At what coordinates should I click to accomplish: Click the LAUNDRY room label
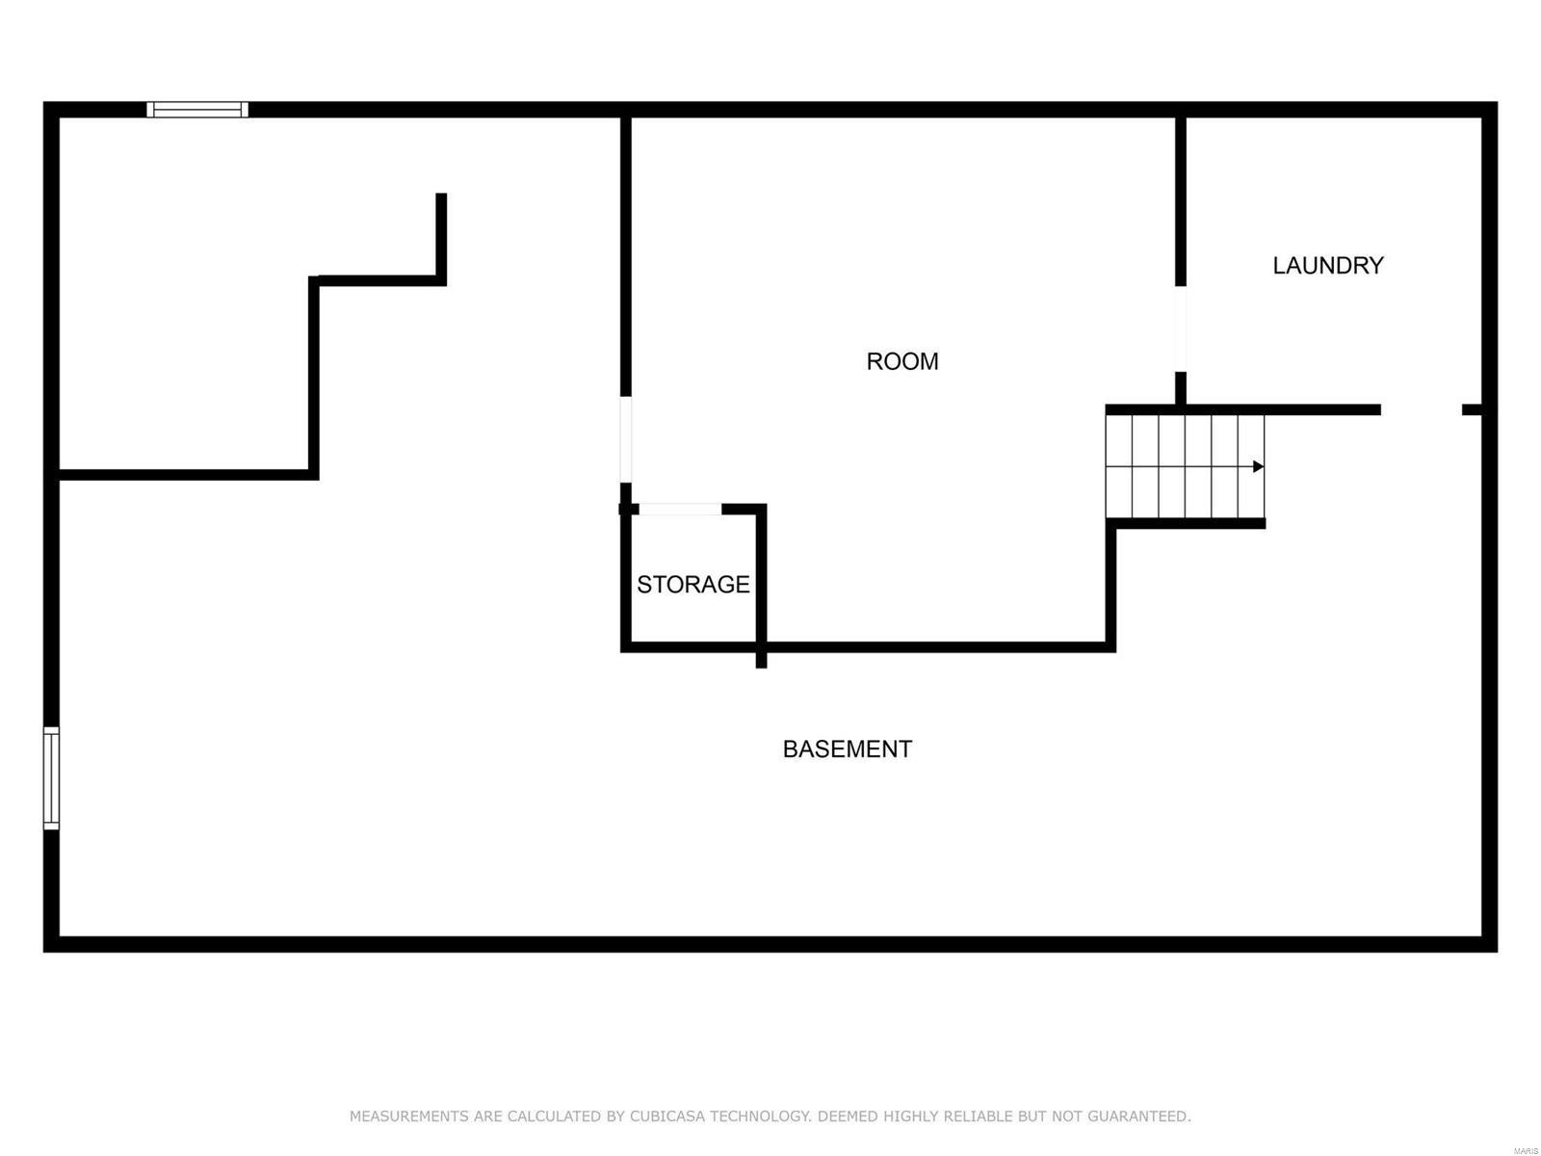point(1327,265)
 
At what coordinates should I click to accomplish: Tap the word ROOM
point(901,361)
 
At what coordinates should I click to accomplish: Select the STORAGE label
point(692,584)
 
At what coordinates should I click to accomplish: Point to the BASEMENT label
point(847,749)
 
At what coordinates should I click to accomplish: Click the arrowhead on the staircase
point(1258,467)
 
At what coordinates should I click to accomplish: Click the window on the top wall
point(197,110)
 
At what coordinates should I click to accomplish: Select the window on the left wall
point(51,777)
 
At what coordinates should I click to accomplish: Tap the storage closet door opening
point(679,509)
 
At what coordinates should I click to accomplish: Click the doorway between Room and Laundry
point(1180,328)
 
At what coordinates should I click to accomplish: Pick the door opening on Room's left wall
point(625,438)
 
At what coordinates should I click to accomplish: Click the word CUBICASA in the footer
point(666,1116)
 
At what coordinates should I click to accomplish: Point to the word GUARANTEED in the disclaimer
point(1138,1116)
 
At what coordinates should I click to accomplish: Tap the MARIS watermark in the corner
point(1525,1150)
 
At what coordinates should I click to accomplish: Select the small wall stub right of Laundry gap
point(1471,409)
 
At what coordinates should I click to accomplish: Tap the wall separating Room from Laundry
point(1180,202)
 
